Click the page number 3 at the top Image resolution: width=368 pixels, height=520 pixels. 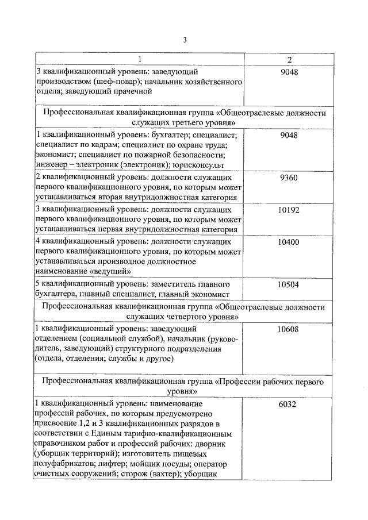(185, 40)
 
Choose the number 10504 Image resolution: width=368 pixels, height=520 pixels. (288, 284)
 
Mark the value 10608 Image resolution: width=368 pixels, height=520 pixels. (288, 329)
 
